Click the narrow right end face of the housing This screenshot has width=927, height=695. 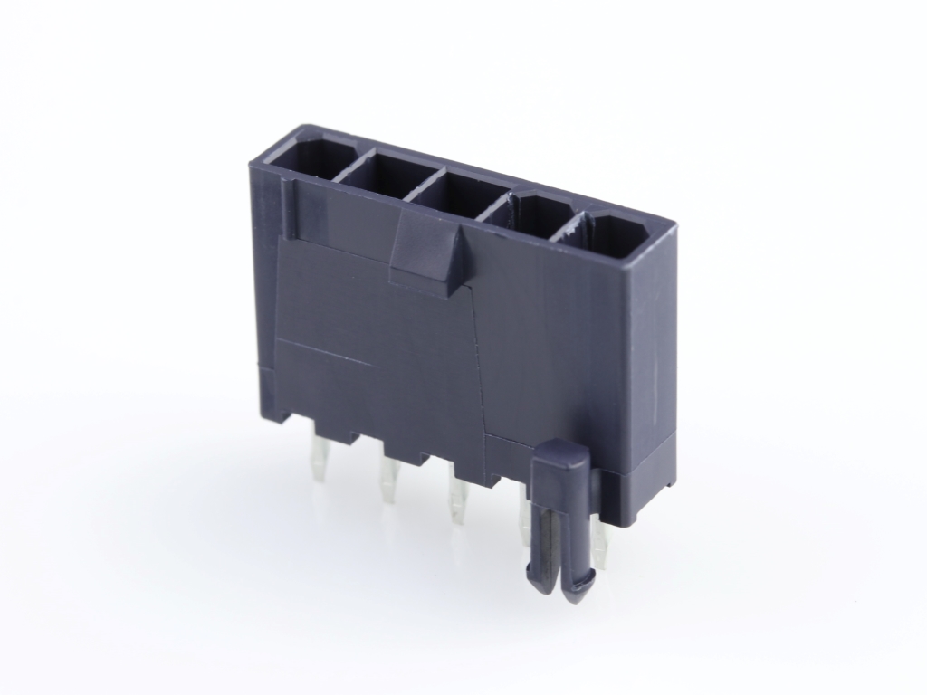pyautogui.click(x=648, y=362)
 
